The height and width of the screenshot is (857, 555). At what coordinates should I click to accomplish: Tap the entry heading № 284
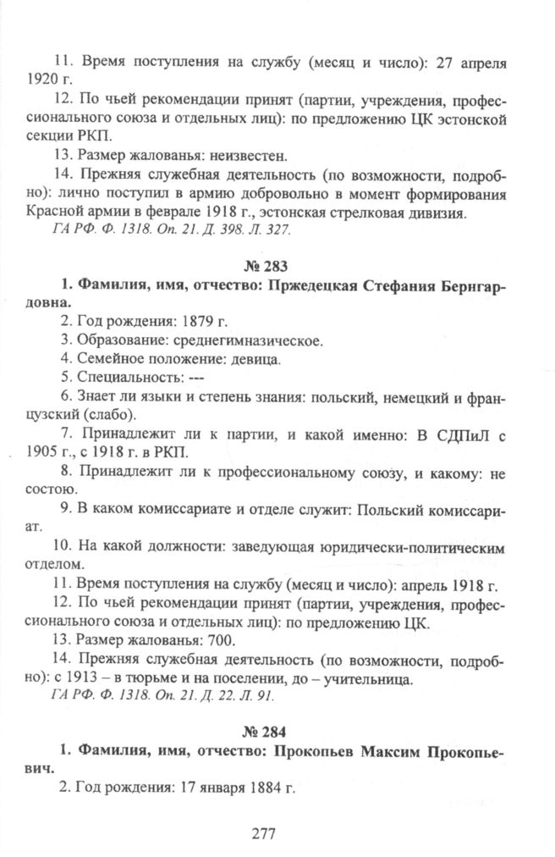click(x=277, y=728)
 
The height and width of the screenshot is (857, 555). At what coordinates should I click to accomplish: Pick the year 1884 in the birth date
click(x=261, y=786)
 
